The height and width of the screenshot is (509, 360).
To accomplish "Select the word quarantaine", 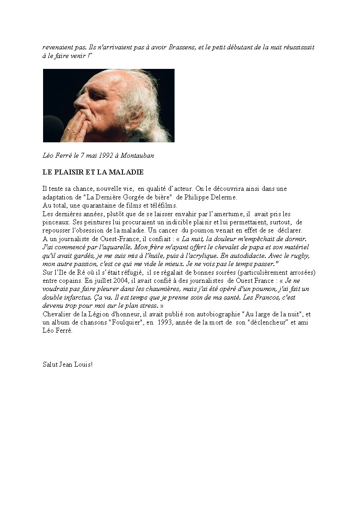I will click(x=96, y=205).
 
